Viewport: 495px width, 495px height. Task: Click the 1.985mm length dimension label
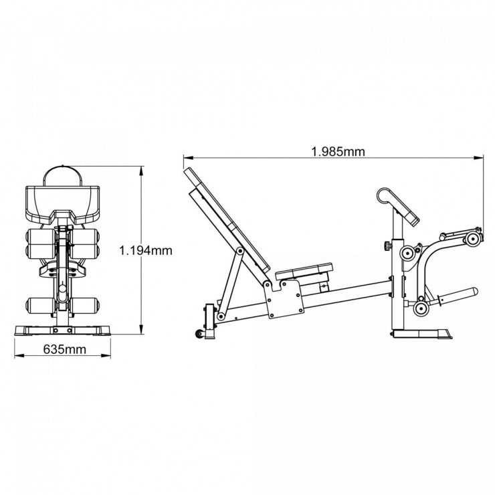[x=338, y=151]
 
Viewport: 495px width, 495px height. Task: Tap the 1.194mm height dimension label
[x=146, y=251]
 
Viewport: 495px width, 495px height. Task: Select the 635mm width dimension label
[x=64, y=349]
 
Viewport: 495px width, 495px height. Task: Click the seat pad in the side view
[x=304, y=270]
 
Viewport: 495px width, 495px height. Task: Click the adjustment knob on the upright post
[x=386, y=247]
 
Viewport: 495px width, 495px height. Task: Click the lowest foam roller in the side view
[x=421, y=308]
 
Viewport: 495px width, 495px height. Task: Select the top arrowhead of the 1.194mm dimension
[x=141, y=171]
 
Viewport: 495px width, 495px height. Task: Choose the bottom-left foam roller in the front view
[x=37, y=306]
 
